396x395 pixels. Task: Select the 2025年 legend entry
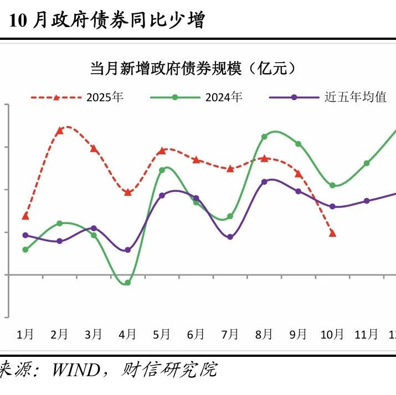click(105, 97)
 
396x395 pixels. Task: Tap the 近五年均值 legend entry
click(354, 97)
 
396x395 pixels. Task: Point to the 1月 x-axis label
click(25, 334)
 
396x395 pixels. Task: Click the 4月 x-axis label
click(128, 334)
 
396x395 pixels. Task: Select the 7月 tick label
click(230, 334)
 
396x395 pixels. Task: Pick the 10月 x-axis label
click(332, 334)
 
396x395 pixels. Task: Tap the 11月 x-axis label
click(367, 334)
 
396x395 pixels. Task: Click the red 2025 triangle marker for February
click(60, 131)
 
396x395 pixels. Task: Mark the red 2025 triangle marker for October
click(332, 233)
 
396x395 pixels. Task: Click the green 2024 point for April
click(128, 283)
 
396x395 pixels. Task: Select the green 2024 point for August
click(264, 137)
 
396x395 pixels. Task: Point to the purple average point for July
click(230, 237)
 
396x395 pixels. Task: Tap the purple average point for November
click(367, 201)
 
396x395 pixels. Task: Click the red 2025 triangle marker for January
click(25, 216)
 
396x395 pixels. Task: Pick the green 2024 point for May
click(162, 170)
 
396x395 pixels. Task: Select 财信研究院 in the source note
click(168, 370)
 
